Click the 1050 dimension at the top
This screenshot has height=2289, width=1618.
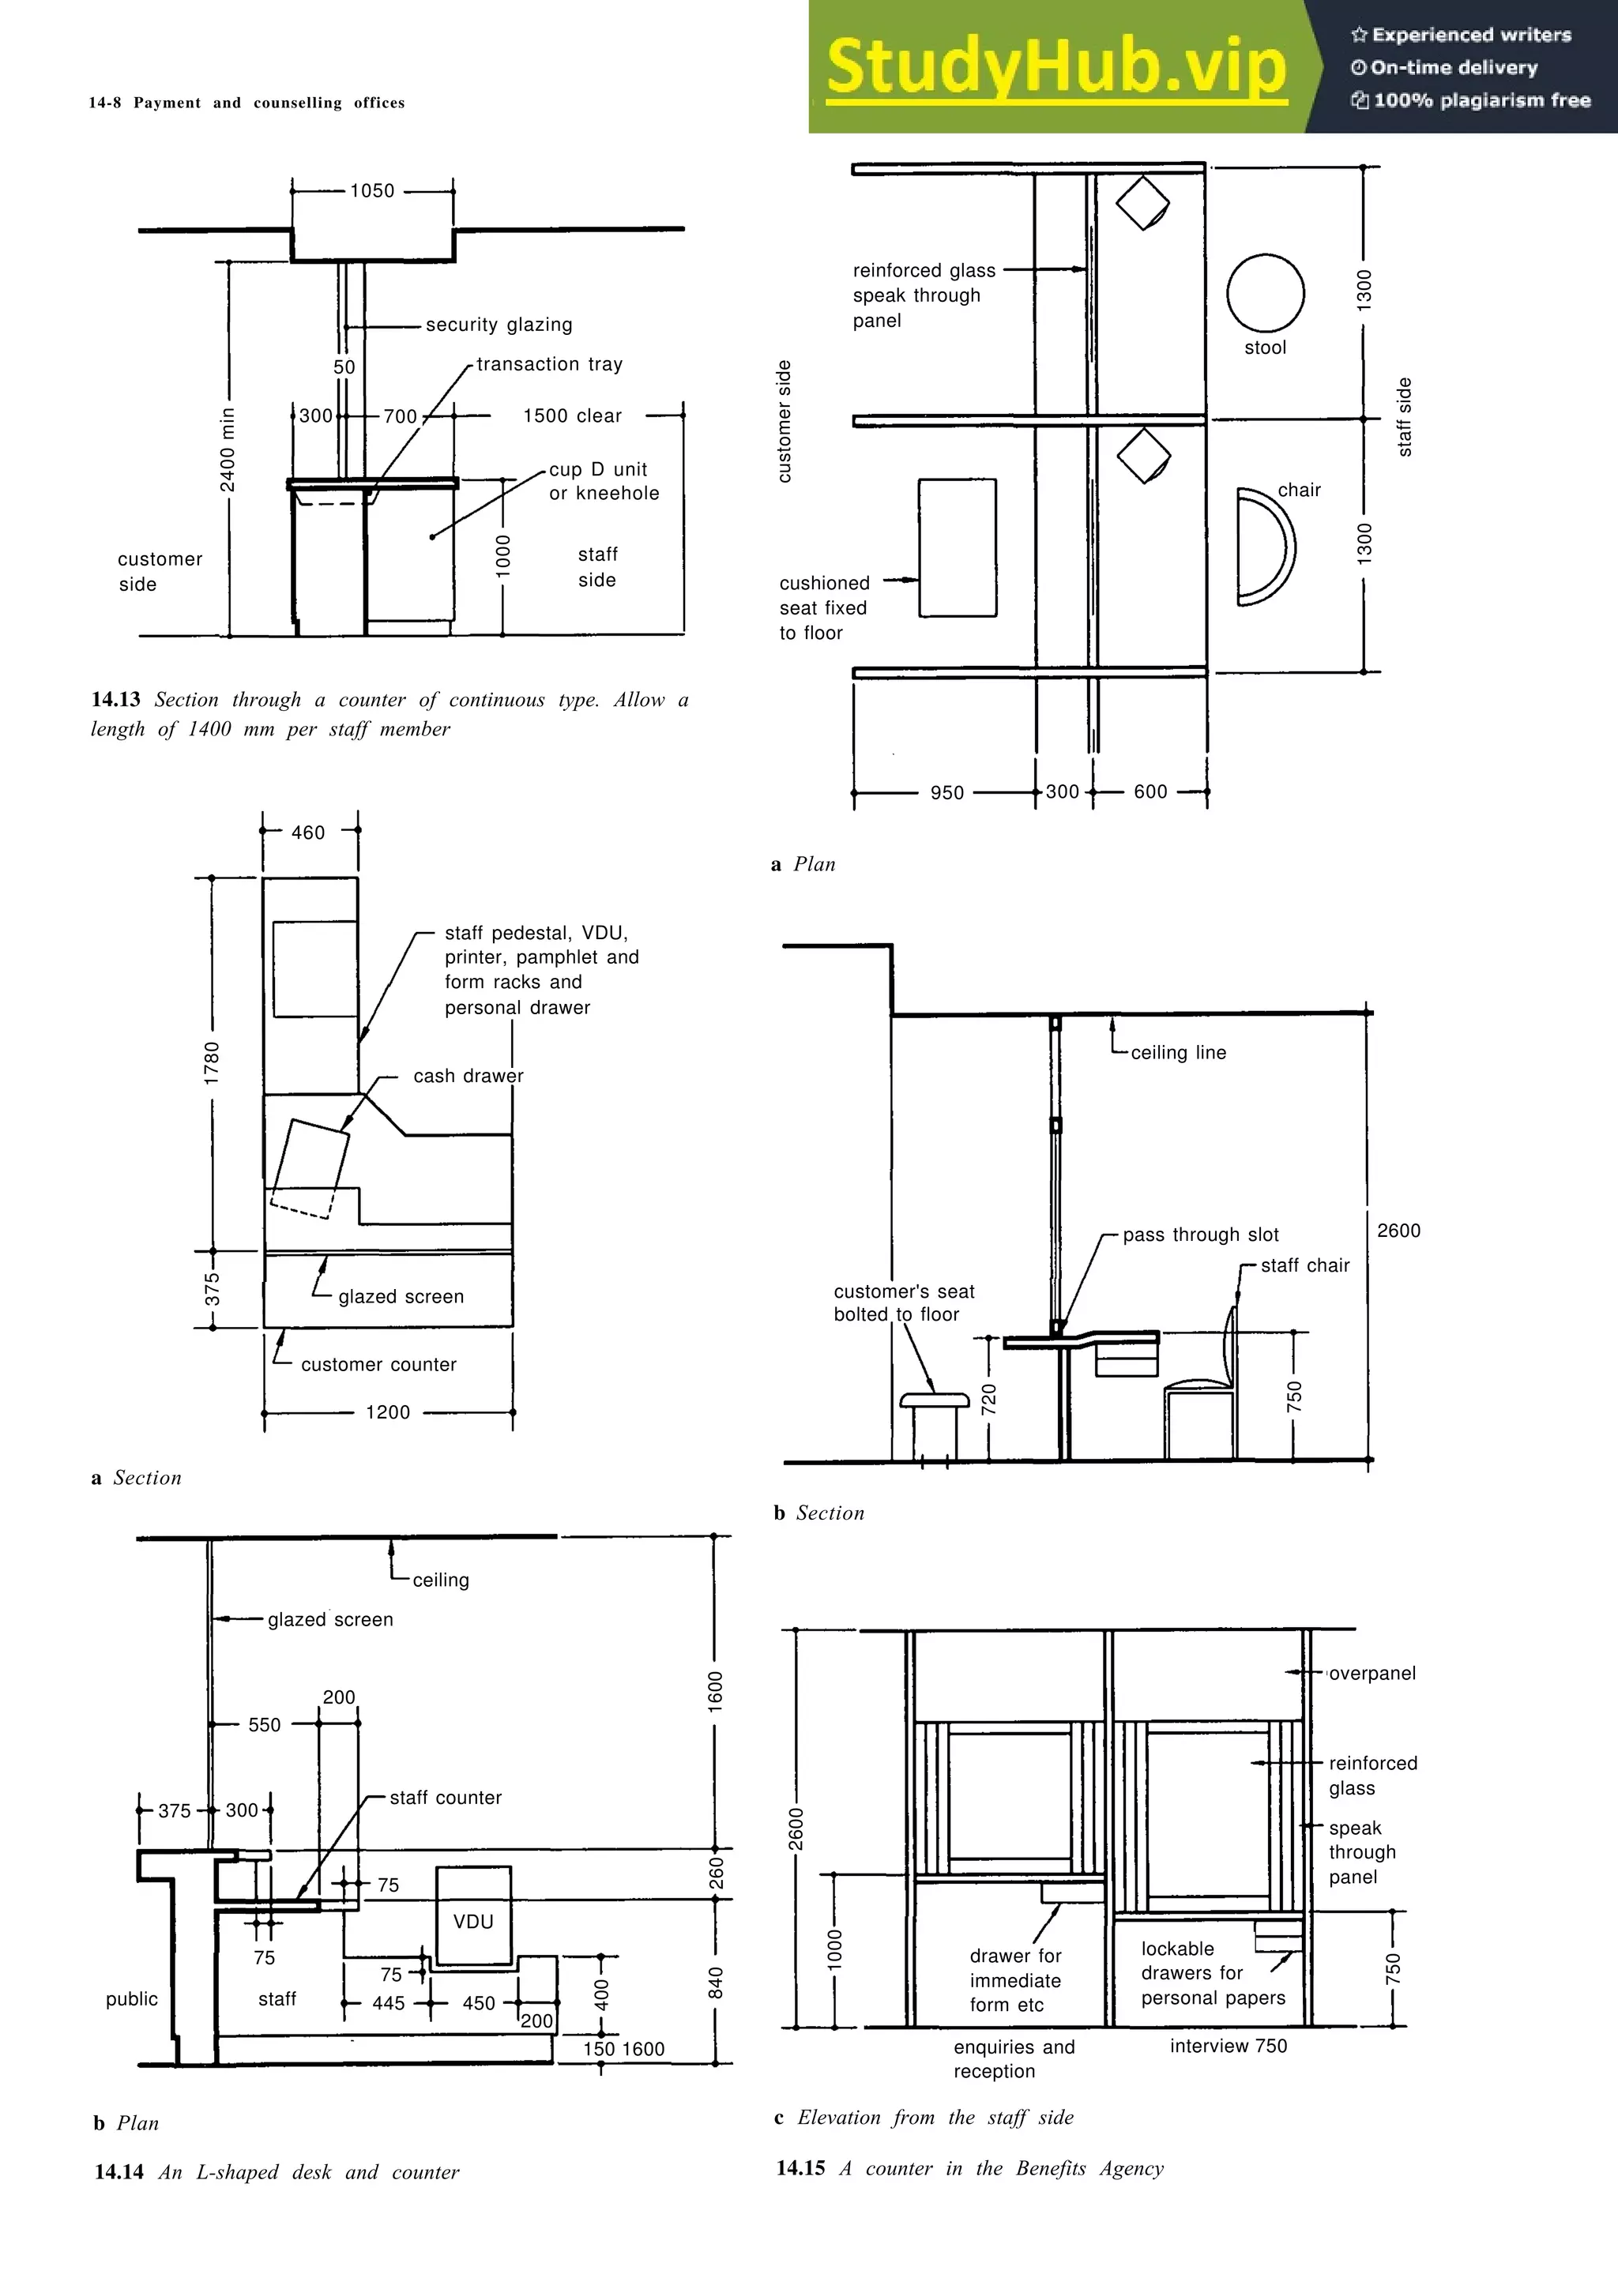coord(372,190)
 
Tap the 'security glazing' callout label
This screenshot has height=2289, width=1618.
coord(499,324)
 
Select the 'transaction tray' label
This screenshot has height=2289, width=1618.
coord(549,364)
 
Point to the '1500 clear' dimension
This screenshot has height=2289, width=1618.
coord(572,415)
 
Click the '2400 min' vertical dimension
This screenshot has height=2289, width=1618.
coord(228,449)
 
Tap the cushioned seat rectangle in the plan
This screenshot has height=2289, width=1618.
coord(957,547)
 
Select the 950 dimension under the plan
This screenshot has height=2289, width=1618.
coord(947,792)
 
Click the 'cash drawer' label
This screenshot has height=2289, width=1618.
coord(468,1076)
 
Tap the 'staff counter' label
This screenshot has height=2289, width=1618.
coord(446,1798)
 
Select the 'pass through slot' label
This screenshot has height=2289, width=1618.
coord(1200,1235)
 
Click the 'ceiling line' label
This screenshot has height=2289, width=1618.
coord(1179,1052)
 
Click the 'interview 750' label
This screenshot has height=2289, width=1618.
coord(1229,2046)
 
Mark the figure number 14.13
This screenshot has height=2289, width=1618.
coord(115,700)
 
